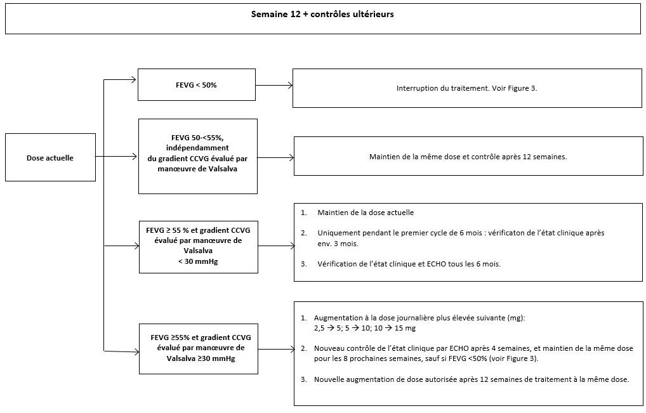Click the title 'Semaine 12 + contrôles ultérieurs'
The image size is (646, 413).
(322, 14)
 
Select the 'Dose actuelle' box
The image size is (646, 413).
(50, 157)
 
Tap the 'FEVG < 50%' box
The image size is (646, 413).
(197, 85)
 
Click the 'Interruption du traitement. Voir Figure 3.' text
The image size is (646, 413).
(467, 88)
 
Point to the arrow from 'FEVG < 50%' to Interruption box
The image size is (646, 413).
(274, 85)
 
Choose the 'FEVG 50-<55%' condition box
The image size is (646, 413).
(198, 157)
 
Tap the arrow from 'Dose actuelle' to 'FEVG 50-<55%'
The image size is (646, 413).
(116, 157)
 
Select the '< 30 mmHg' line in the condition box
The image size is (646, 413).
(198, 261)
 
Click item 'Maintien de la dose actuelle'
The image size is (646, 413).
(366, 213)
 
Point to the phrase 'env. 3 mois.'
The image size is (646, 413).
(338, 244)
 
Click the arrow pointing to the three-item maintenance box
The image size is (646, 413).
(277, 246)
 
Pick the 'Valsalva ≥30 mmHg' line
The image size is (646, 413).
(201, 358)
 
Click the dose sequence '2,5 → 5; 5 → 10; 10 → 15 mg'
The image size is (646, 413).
(365, 328)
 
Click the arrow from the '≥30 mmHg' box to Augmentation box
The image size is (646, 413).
(277, 349)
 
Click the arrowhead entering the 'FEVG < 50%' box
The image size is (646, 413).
(135, 80)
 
